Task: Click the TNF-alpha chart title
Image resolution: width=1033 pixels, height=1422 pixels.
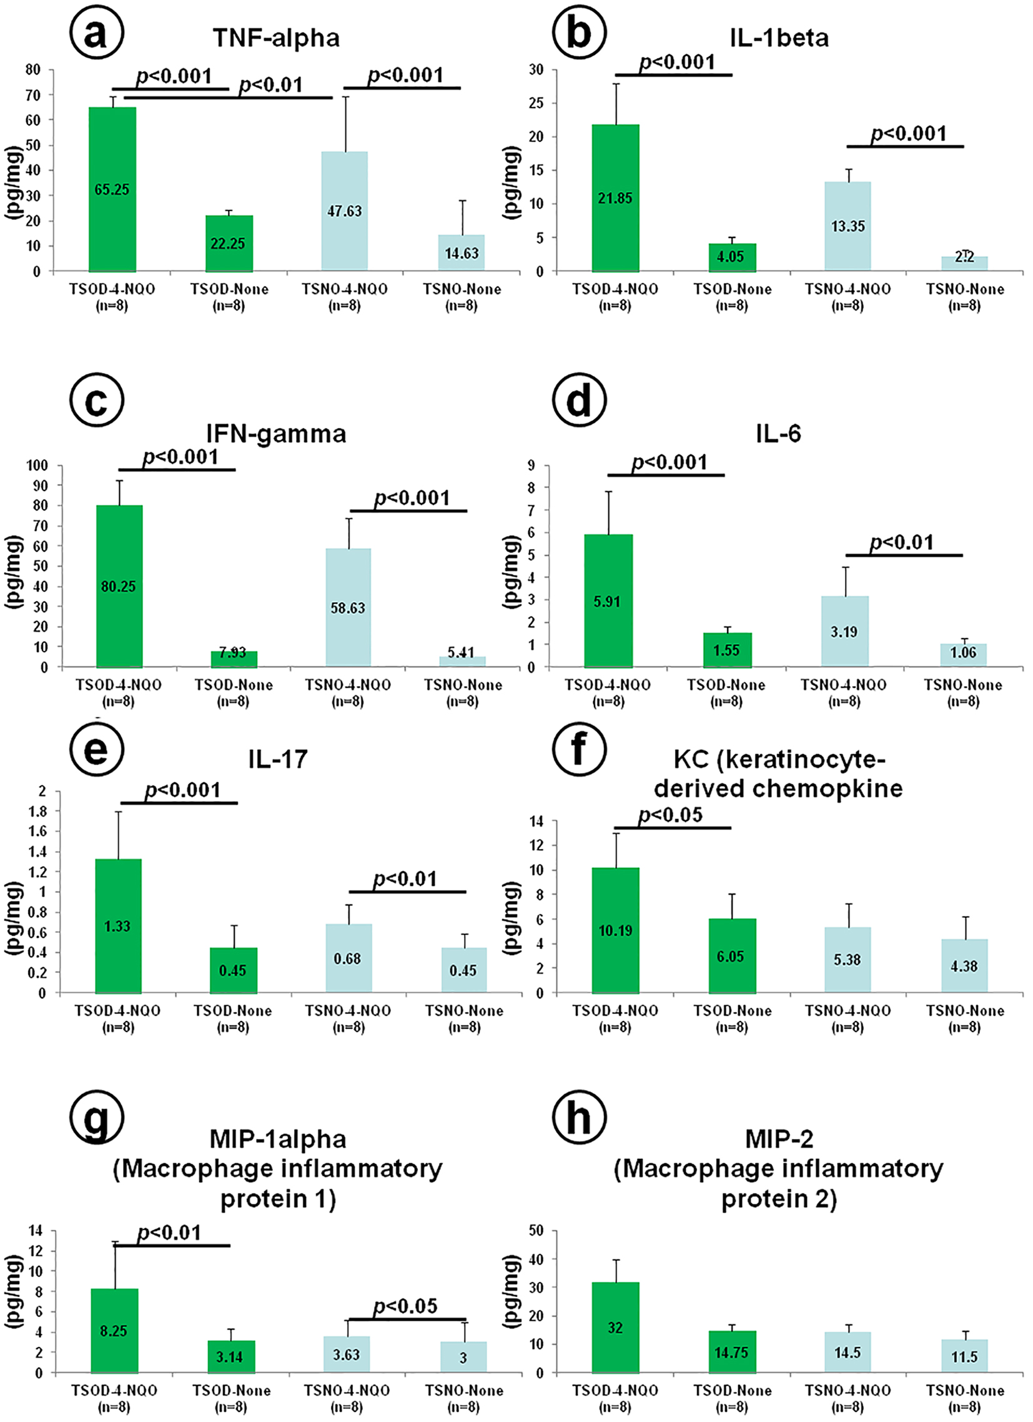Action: pyautogui.click(x=276, y=38)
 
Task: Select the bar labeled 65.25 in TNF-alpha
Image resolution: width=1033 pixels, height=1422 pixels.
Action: pyautogui.click(x=112, y=189)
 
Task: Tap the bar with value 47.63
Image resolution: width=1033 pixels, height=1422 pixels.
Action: pyautogui.click(x=344, y=211)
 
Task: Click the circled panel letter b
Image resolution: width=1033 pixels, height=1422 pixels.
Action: pyautogui.click(x=578, y=32)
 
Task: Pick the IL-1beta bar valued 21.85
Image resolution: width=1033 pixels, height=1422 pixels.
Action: pyautogui.click(x=615, y=197)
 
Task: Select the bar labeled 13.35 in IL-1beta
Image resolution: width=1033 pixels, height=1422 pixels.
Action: pyautogui.click(x=848, y=226)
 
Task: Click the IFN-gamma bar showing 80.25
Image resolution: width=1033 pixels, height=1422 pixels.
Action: pyautogui.click(x=119, y=586)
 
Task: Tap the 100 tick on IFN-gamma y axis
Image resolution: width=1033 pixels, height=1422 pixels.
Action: pyautogui.click(x=37, y=465)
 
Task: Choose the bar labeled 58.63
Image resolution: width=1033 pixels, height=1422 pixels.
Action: pyautogui.click(x=348, y=607)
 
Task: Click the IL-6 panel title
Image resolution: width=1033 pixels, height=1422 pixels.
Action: pyautogui.click(x=778, y=433)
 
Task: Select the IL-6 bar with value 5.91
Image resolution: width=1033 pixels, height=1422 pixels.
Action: pyautogui.click(x=608, y=600)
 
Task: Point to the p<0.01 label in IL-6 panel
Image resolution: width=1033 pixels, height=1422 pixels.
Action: pyautogui.click(x=901, y=542)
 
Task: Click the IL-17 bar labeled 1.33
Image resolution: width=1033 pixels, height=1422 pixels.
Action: pyautogui.click(x=117, y=926)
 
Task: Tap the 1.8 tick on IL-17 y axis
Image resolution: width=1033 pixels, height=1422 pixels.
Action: pyautogui.click(x=38, y=812)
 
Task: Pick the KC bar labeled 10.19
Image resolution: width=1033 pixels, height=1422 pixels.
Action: pyautogui.click(x=615, y=930)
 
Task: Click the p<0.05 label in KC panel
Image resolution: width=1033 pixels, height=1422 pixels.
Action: pyautogui.click(x=670, y=815)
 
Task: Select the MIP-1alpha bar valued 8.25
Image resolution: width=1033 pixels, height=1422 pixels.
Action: pyautogui.click(x=114, y=1330)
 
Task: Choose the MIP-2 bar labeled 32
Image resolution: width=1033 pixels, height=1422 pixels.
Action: pyautogui.click(x=615, y=1327)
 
